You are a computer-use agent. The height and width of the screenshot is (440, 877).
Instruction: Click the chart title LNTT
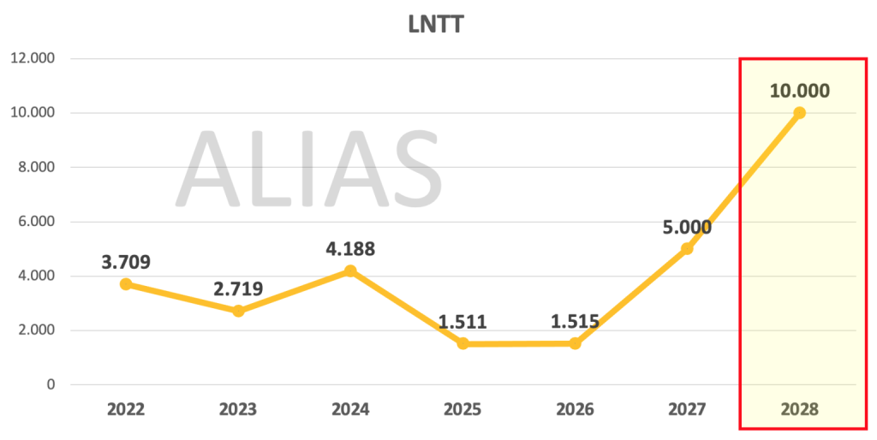point(436,25)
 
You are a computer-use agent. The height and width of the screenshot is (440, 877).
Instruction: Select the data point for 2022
point(126,284)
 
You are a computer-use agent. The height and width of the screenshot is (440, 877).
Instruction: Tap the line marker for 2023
point(238,311)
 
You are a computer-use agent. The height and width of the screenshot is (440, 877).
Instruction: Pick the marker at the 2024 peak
point(350,271)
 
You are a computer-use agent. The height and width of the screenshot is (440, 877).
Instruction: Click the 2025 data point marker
point(462,343)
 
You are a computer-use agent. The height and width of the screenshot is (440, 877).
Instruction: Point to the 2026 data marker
point(575,343)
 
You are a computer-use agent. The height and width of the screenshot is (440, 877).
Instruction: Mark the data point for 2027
point(687,249)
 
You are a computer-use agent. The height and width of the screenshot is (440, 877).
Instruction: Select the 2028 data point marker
point(799,113)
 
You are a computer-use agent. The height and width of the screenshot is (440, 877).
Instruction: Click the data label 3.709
point(126,262)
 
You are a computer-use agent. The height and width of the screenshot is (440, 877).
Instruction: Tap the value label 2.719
point(238,289)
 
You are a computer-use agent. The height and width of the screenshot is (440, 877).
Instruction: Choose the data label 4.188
point(350,249)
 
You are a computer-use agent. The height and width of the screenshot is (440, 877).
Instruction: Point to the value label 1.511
point(462,322)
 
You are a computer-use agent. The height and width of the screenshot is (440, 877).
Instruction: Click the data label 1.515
point(575,322)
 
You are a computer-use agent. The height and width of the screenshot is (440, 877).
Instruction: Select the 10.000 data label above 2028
point(799,91)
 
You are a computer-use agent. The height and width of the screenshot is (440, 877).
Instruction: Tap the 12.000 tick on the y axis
point(33,58)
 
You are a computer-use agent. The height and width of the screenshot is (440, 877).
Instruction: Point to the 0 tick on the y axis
point(51,384)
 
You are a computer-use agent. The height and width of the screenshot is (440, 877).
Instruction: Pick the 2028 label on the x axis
point(799,409)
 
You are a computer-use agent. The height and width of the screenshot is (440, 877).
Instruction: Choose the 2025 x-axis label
point(462,409)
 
